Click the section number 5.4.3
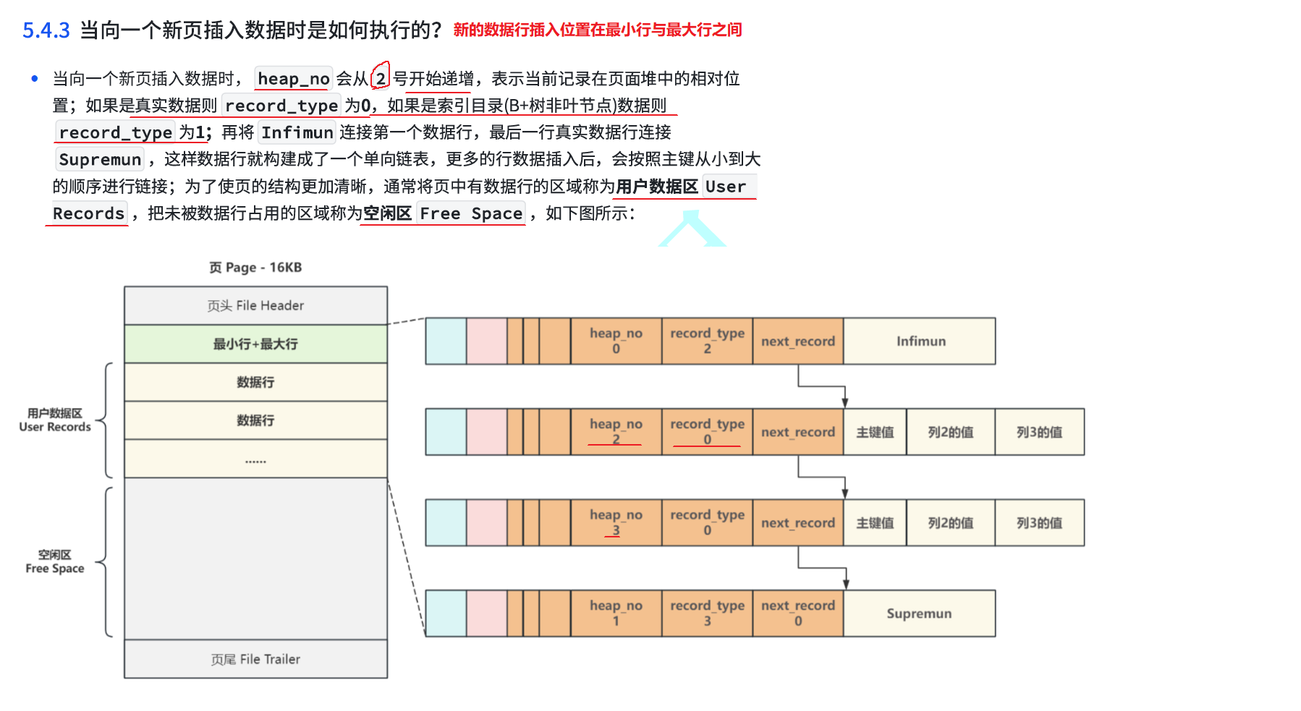coord(46,30)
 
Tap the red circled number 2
coord(381,78)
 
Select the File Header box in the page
coord(255,306)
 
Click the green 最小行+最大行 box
coord(255,344)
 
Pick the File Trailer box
coord(255,659)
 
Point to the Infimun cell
coord(920,341)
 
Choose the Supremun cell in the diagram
coord(919,613)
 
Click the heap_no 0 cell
coord(616,341)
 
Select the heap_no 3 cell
coord(616,522)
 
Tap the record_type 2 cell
coord(707,341)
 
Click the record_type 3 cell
coord(707,613)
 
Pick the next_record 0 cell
coord(797,613)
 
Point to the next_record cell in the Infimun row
coord(797,341)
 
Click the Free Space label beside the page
coord(55,562)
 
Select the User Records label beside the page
coord(55,420)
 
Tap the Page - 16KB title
coord(255,268)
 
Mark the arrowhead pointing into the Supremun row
coord(845,584)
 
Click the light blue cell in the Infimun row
coord(446,341)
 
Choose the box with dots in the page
coord(255,459)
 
